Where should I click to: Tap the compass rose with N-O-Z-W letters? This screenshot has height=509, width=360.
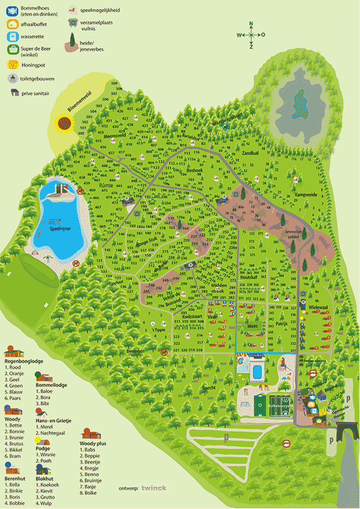click(x=251, y=35)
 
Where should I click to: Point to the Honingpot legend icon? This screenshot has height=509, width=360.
click(x=12, y=64)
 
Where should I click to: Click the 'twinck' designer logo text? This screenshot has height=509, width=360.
click(x=154, y=488)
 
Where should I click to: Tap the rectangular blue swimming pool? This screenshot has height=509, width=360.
click(x=256, y=371)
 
